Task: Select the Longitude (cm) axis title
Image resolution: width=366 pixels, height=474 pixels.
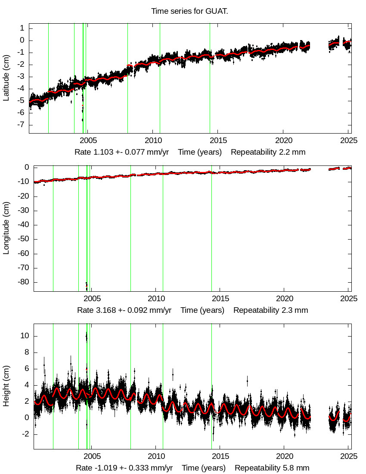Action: (6, 229)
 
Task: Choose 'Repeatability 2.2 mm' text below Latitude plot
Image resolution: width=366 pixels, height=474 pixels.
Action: (268, 152)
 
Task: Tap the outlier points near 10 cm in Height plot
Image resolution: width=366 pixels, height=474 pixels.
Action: (87, 336)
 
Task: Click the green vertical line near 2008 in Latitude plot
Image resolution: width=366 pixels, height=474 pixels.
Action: (127, 78)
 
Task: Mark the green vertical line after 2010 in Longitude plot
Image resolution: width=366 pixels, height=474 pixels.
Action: (163, 228)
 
